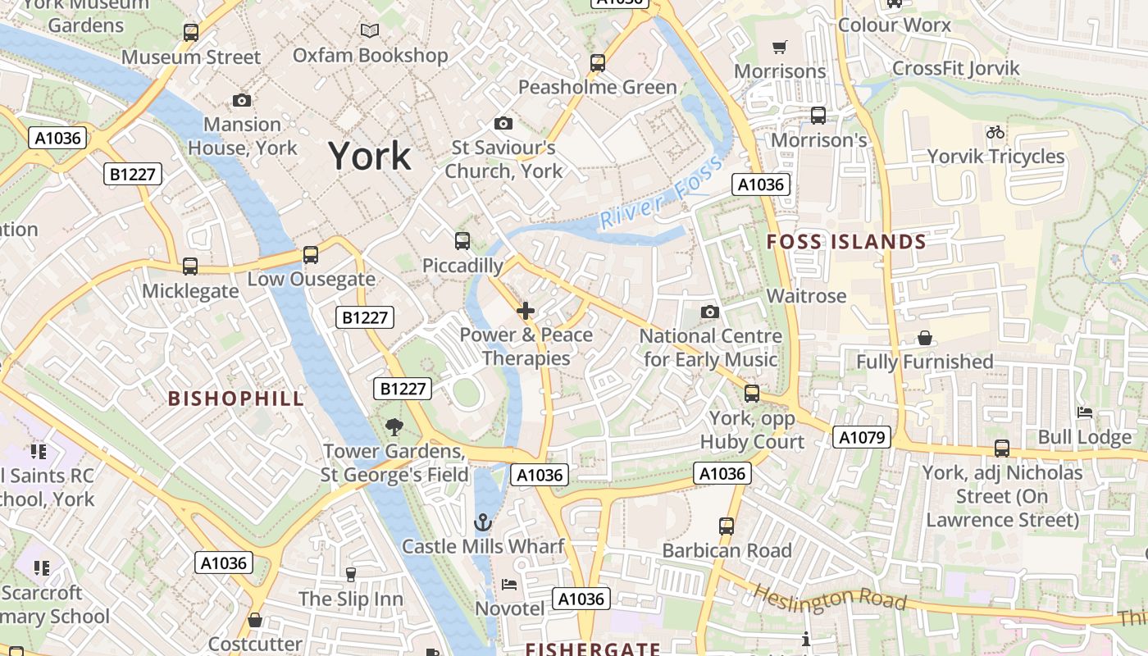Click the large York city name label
click(x=370, y=156)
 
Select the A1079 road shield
click(x=863, y=437)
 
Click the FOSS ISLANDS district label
click(x=845, y=242)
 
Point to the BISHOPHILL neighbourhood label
click(x=236, y=399)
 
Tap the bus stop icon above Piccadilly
click(x=462, y=241)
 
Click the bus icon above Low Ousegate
click(x=311, y=255)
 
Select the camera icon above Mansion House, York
click(x=242, y=100)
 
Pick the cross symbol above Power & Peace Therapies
click(x=526, y=311)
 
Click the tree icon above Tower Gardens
click(x=394, y=426)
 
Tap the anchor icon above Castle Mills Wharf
click(x=483, y=522)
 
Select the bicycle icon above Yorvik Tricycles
click(x=995, y=132)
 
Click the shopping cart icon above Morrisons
click(x=780, y=47)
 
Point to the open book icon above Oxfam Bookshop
click(x=371, y=31)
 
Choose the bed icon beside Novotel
click(x=509, y=585)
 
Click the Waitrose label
click(x=806, y=296)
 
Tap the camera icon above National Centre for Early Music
click(x=710, y=312)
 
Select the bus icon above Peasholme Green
click(x=598, y=62)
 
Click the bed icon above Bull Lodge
click(x=1085, y=412)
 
